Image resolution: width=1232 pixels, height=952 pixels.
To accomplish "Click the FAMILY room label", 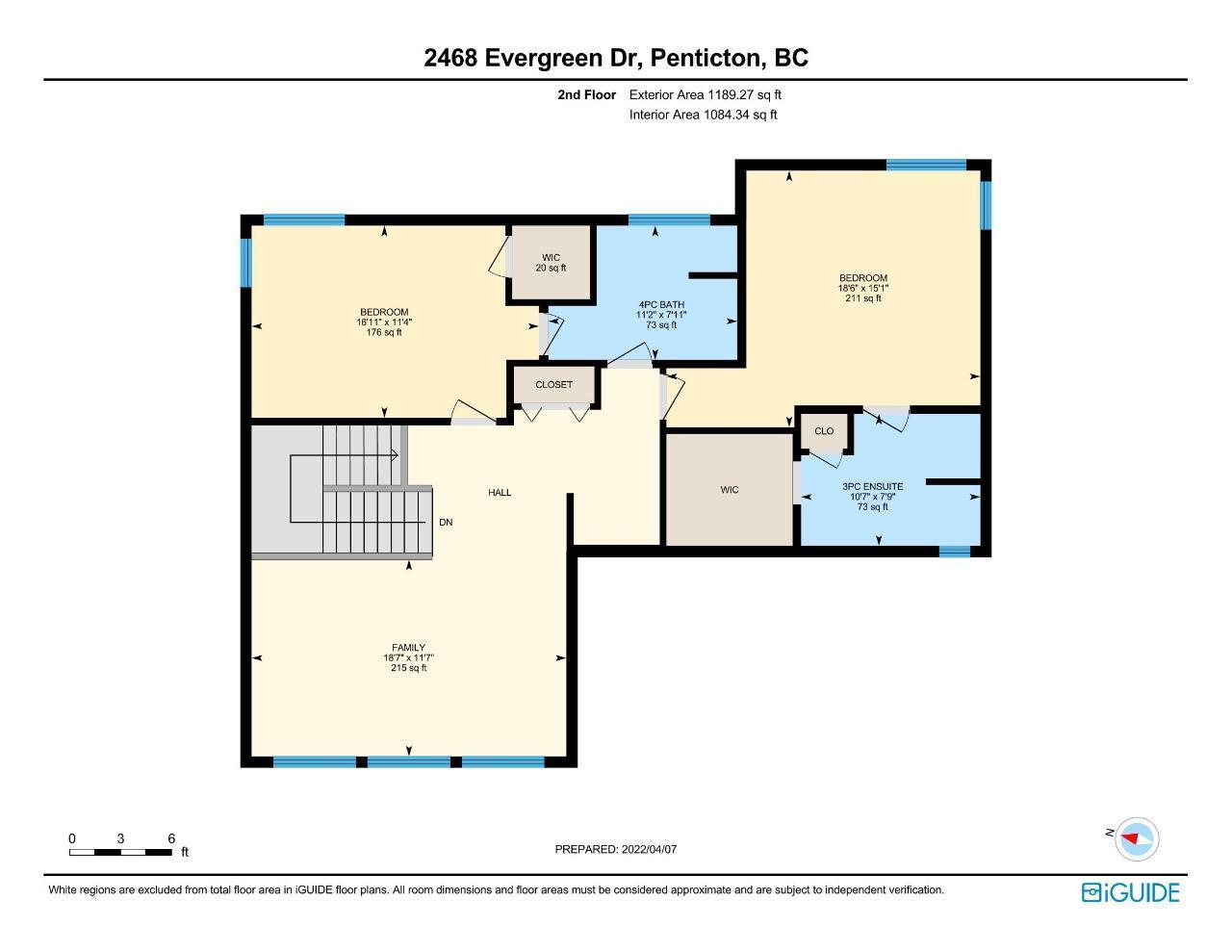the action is (x=408, y=647).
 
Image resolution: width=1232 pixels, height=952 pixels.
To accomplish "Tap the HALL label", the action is (x=500, y=493).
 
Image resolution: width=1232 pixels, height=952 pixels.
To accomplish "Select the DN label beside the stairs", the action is (x=446, y=523).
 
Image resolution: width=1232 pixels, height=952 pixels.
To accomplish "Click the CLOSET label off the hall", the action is (x=553, y=384).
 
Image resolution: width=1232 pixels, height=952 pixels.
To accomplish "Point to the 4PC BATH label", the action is (x=661, y=304).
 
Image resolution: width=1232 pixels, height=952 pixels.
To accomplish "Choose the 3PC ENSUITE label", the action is (x=873, y=486).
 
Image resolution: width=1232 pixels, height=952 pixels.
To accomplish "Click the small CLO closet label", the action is (x=824, y=431).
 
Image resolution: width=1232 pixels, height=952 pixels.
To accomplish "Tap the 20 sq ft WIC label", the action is (x=551, y=268).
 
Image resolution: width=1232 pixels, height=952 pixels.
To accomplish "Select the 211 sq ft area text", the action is (x=863, y=298).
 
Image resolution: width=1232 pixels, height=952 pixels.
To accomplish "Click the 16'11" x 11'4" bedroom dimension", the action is (x=384, y=322).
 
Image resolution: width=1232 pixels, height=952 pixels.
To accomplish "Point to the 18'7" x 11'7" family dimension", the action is (x=408, y=657).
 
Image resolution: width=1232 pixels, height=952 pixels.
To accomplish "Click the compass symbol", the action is (x=1136, y=838).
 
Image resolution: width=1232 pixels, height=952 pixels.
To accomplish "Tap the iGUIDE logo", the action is (x=1131, y=892).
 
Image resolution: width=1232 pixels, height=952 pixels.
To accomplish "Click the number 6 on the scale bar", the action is (x=171, y=838).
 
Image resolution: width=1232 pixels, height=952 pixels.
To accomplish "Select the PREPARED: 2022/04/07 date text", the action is (x=615, y=849).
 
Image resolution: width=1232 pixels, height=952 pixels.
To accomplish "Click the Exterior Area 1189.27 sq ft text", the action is (x=705, y=94).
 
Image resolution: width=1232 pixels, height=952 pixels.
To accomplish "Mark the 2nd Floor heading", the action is (x=586, y=94).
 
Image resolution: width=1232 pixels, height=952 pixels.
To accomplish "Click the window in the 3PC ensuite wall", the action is (x=955, y=552).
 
